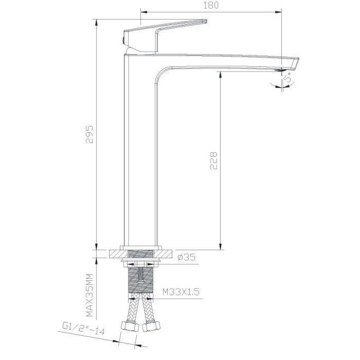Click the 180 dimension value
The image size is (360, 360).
[x=211, y=5]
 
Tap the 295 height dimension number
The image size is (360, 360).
[x=89, y=134]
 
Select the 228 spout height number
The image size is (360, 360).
[x=213, y=160]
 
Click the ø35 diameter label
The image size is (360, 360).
[x=186, y=257]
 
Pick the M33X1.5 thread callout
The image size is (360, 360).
[x=181, y=292]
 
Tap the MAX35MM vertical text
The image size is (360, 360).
[x=89, y=295]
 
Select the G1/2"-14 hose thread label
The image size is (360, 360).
[x=83, y=329]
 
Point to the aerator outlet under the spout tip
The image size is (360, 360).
[x=281, y=70]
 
